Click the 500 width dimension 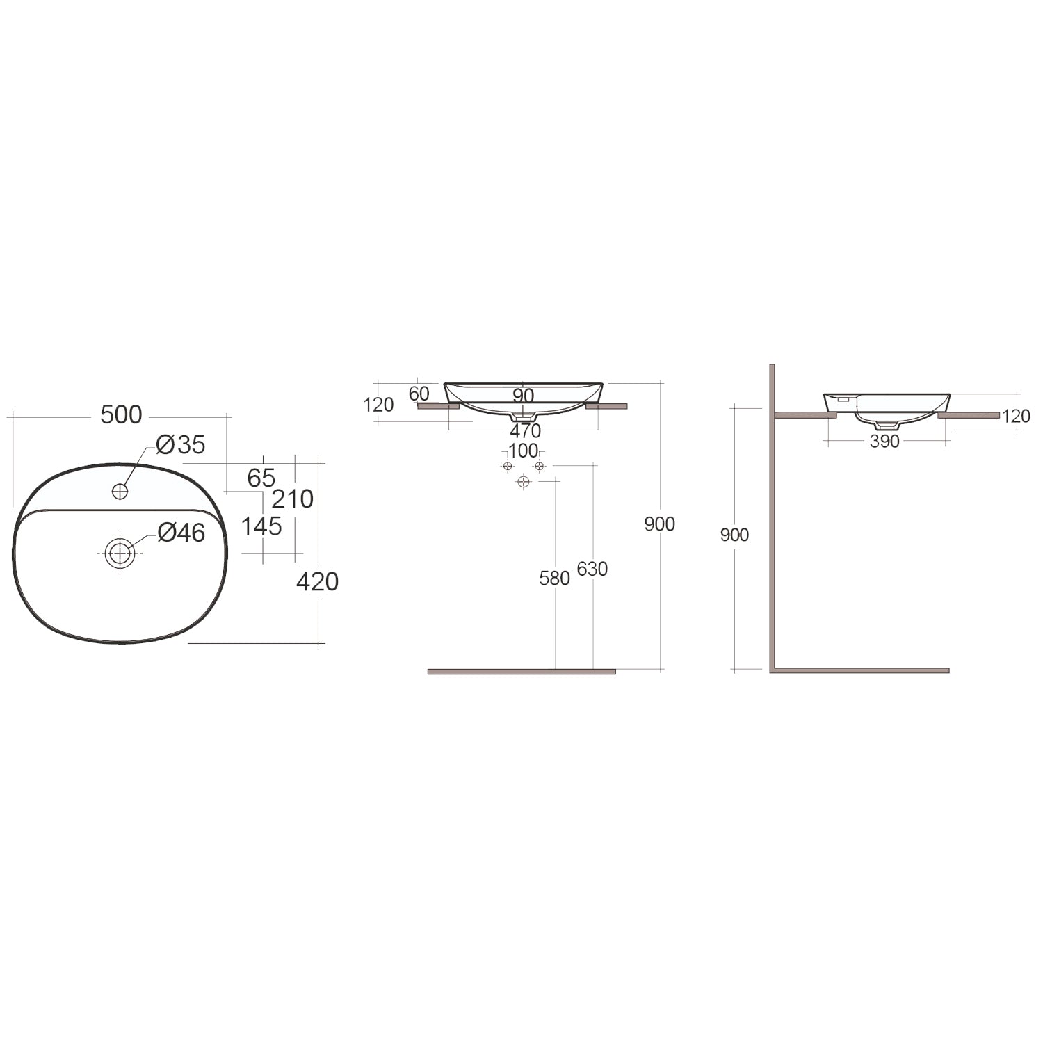coord(121,415)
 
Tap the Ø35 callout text coord(180,445)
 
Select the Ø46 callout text coord(181,533)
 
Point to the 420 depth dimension coord(317,581)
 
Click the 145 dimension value coord(261,526)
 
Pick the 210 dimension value coord(292,499)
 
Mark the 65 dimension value coord(261,478)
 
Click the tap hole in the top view coord(120,491)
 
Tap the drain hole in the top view coord(120,553)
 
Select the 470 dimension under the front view coord(525,431)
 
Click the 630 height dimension coord(592,569)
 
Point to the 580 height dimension coord(554,578)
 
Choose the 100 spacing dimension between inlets coord(523,451)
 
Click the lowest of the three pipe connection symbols coord(524,481)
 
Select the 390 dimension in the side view coord(884,442)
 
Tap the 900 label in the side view coord(734,535)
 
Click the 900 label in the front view coord(659,524)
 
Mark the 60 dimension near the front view coord(419,394)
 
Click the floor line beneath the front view coord(521,672)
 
